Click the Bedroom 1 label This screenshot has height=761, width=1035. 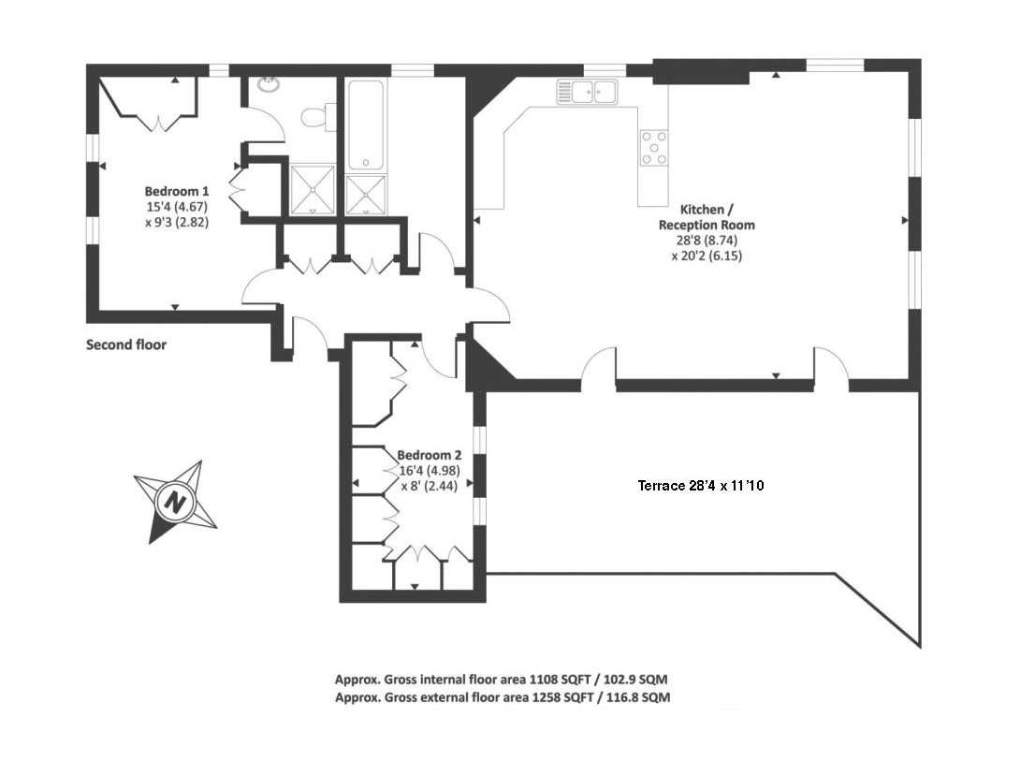pyautogui.click(x=177, y=191)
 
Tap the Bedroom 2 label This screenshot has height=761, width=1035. pyautogui.click(x=429, y=456)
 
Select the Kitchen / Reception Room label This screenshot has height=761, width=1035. pyautogui.click(x=707, y=217)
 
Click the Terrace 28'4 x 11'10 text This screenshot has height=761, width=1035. pyautogui.click(x=701, y=486)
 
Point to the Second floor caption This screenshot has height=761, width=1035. pyautogui.click(x=126, y=344)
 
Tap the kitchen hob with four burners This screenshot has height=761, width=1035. pyautogui.click(x=653, y=148)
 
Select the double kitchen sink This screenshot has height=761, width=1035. pyautogui.click(x=586, y=92)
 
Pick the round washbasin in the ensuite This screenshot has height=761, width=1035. pyautogui.click(x=270, y=85)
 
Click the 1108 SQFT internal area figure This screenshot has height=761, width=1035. pyautogui.click(x=561, y=680)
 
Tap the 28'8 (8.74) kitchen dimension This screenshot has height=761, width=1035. pyautogui.click(x=707, y=241)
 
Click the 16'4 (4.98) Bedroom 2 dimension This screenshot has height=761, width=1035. pyautogui.click(x=430, y=471)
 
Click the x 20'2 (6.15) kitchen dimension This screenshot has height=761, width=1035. pyautogui.click(x=707, y=256)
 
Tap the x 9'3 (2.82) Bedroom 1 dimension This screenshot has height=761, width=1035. pyautogui.click(x=177, y=223)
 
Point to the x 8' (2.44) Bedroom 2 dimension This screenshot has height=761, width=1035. pyautogui.click(x=429, y=487)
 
